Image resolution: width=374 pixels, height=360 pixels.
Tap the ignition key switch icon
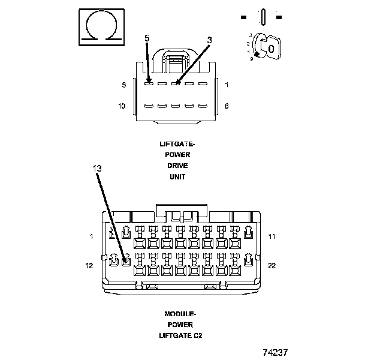coord(266,47)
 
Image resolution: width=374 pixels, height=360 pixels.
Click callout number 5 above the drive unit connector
coord(147,38)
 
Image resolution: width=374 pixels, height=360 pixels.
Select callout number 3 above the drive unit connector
coord(209,40)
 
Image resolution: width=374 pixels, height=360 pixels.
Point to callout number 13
coord(98,169)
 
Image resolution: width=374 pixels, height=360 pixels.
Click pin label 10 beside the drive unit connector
coord(122,106)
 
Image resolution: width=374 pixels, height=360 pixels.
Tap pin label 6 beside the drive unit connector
coord(227,106)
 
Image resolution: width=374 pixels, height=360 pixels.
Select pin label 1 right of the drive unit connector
coord(227,85)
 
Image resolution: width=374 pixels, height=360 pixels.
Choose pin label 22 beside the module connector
coord(272,265)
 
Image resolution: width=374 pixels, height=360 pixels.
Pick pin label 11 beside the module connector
coord(272,236)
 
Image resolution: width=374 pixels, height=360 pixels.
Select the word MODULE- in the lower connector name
coord(180,314)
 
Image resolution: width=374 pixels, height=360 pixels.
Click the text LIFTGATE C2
coord(180,335)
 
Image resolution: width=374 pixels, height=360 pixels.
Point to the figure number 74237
coord(276,352)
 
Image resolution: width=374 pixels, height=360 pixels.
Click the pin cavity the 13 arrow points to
coord(126,260)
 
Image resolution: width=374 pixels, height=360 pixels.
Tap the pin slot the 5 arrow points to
coord(149,84)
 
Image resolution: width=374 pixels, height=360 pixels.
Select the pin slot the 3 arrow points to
coord(176,84)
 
